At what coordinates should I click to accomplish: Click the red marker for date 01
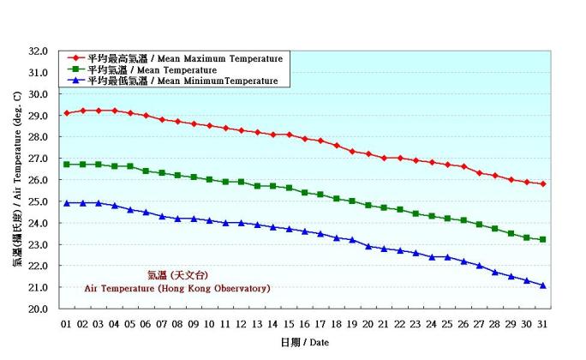tap(67, 113)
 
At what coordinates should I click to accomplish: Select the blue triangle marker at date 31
tap(543, 285)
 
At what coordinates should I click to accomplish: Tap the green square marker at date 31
tap(543, 239)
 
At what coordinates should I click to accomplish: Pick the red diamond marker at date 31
tap(543, 183)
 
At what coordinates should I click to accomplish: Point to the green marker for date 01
tap(67, 164)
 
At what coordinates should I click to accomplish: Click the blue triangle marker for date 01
tap(67, 203)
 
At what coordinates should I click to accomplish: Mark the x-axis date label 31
tap(543, 324)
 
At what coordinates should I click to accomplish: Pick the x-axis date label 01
tap(67, 324)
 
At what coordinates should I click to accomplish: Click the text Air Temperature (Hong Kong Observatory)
tap(177, 289)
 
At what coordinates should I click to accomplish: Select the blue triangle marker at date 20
tap(368, 246)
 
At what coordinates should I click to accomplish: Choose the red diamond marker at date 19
tap(352, 151)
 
